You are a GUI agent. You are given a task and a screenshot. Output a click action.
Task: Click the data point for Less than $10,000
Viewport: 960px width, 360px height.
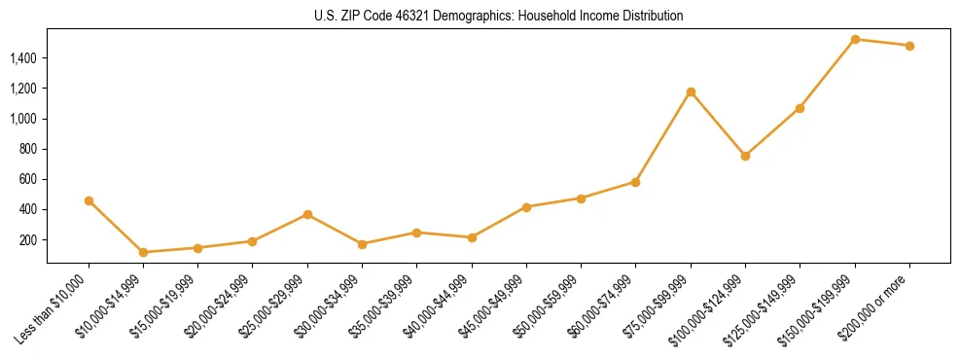click(89, 200)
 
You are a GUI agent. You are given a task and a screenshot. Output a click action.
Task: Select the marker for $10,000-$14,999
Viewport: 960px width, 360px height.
click(143, 252)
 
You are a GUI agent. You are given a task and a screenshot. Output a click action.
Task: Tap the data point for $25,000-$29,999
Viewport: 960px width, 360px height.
click(307, 214)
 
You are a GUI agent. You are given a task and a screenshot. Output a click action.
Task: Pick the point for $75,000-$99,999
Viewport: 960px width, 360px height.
click(691, 91)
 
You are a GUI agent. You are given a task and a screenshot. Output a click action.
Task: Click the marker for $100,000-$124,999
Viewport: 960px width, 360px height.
click(745, 156)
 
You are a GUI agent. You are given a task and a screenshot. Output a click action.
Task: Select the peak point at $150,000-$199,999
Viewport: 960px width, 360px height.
click(855, 40)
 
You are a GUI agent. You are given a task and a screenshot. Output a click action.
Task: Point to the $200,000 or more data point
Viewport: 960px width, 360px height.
click(909, 46)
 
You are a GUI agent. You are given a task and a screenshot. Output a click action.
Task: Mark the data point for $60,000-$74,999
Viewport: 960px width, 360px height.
click(635, 182)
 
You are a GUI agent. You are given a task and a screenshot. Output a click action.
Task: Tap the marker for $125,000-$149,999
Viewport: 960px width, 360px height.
click(800, 108)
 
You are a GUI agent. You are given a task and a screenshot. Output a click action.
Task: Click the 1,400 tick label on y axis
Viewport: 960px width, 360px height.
click(23, 58)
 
